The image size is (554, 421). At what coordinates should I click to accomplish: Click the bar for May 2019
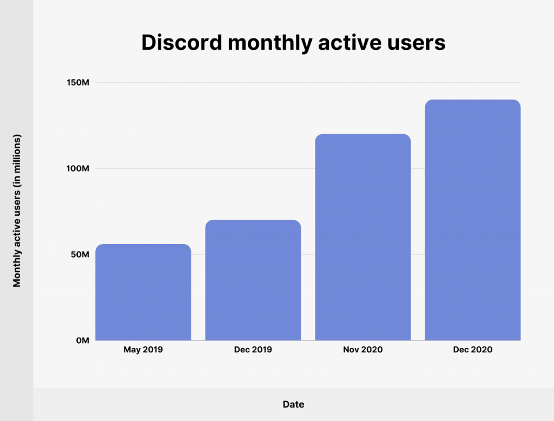point(143,292)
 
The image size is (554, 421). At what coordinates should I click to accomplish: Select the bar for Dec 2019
point(253,280)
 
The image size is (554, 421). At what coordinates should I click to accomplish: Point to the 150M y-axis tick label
point(78,83)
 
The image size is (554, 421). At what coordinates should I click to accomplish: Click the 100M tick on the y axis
point(78,168)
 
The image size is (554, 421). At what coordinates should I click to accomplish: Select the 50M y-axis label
point(80,254)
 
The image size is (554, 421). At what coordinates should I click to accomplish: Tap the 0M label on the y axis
point(82,340)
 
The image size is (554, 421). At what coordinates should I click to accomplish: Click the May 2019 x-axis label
point(143,350)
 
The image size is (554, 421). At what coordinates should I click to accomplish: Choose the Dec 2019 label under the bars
point(253,350)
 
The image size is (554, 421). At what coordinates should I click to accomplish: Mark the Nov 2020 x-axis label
point(362,350)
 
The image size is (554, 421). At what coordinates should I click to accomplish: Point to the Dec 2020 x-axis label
point(472,350)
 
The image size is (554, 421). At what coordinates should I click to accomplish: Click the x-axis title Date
point(293,404)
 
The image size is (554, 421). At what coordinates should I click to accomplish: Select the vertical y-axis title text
point(17,211)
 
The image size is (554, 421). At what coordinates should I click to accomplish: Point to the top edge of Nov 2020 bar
point(362,135)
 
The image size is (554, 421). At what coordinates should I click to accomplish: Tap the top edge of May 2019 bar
point(143,245)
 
